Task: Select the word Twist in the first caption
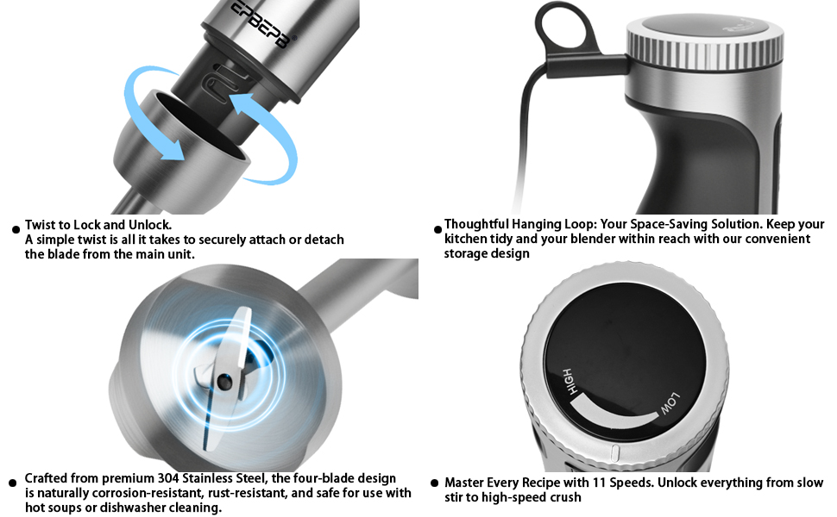pyautogui.click(x=41, y=225)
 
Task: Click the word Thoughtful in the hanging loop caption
pyautogui.click(x=478, y=224)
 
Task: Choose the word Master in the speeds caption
pyautogui.click(x=465, y=483)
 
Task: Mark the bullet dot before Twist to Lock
pyautogui.click(x=15, y=229)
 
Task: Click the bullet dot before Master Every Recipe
pyautogui.click(x=436, y=484)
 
